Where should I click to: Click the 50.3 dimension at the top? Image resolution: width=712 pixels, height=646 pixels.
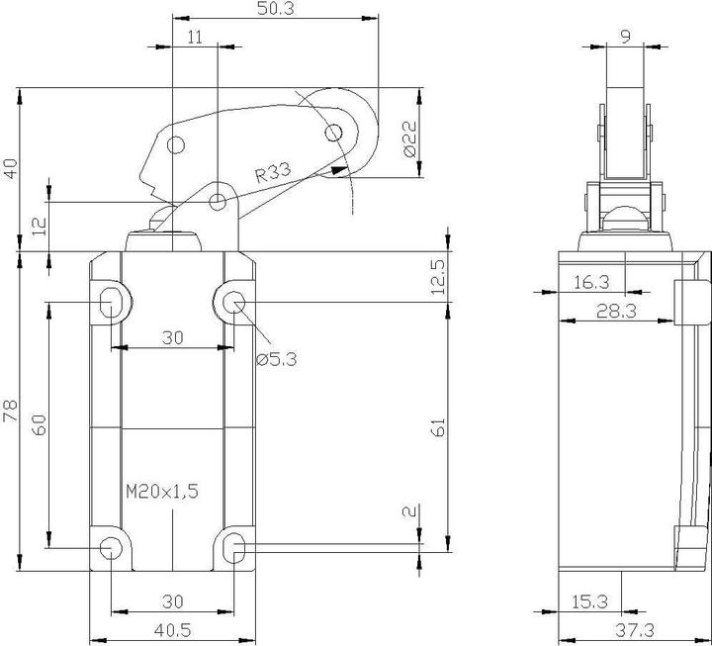(x=275, y=10)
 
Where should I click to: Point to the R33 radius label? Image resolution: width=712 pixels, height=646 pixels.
(x=272, y=174)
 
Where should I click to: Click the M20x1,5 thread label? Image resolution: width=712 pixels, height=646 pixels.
(x=163, y=491)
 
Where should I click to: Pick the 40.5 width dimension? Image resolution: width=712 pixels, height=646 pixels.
(x=172, y=629)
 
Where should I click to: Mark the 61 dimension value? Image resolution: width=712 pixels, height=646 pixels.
(x=440, y=426)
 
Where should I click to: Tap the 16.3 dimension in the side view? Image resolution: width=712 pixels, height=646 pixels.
(x=591, y=283)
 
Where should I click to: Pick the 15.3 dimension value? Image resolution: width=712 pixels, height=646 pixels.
(x=591, y=601)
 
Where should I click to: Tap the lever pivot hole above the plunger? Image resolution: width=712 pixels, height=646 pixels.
(x=217, y=202)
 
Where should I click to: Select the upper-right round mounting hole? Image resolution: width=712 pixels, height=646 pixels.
(x=234, y=302)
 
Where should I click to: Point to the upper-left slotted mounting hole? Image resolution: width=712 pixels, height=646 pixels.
(x=112, y=302)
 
